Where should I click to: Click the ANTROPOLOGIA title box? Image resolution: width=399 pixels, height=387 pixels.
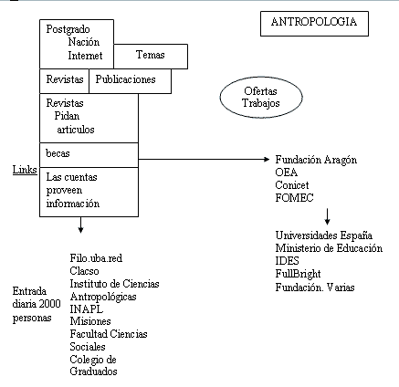[314, 24]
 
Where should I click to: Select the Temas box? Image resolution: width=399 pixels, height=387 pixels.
[151, 57]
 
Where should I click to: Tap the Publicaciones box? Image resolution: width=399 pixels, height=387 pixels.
[130, 81]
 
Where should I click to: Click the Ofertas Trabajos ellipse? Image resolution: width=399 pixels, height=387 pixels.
[261, 97]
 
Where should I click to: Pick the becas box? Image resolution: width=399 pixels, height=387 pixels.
[89, 155]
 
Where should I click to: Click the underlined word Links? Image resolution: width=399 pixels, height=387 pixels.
[25, 170]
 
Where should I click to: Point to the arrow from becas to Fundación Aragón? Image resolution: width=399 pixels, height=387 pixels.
[204, 159]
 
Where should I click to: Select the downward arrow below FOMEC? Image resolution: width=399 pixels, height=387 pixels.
[327, 216]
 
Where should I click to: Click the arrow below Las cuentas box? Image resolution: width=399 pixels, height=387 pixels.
[80, 225]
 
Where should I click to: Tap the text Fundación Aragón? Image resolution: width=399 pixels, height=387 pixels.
[316, 160]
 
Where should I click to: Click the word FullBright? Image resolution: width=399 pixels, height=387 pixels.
[298, 274]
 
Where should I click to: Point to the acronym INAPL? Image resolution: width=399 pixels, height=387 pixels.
[87, 309]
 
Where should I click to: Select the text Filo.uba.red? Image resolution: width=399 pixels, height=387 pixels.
[96, 258]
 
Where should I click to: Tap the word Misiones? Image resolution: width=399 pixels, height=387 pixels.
[90, 321]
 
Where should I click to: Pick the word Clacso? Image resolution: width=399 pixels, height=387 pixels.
[84, 271]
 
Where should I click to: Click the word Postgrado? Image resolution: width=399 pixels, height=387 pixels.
[68, 29]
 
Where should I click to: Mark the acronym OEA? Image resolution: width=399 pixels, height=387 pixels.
[287, 173]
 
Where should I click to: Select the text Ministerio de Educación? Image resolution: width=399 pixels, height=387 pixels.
[329, 248]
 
